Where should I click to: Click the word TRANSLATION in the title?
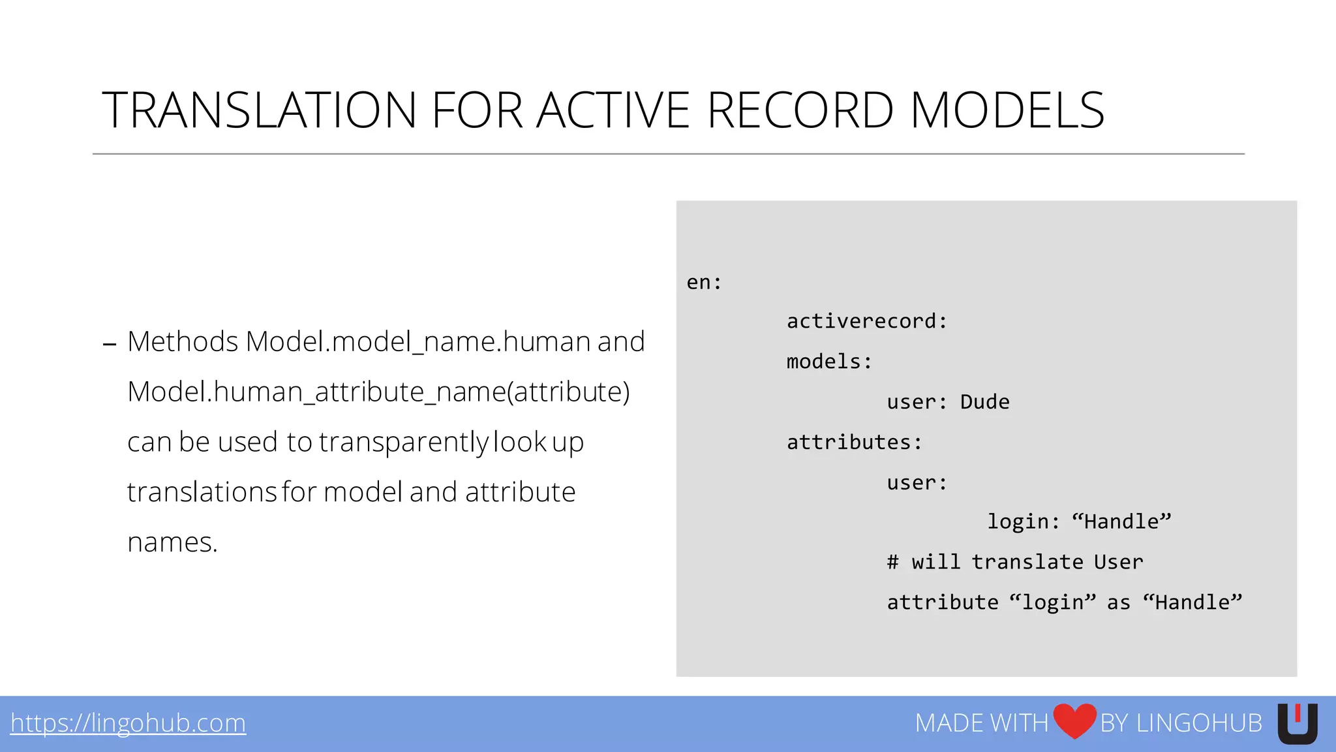click(259, 110)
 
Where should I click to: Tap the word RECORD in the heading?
click(800, 110)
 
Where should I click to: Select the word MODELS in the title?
click(1007, 110)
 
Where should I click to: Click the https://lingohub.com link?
click(128, 723)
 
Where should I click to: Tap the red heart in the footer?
click(1074, 721)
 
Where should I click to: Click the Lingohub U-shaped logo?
click(1297, 723)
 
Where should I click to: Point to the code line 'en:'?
click(704, 283)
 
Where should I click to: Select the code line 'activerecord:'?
click(866, 321)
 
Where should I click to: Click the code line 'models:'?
click(829, 362)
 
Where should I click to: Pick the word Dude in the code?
click(984, 402)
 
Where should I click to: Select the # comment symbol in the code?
click(892, 562)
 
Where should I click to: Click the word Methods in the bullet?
click(183, 341)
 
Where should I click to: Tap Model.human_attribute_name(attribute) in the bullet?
click(378, 392)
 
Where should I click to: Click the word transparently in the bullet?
click(403, 442)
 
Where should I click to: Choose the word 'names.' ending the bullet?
click(172, 542)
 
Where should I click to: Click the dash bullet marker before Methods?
click(110, 344)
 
